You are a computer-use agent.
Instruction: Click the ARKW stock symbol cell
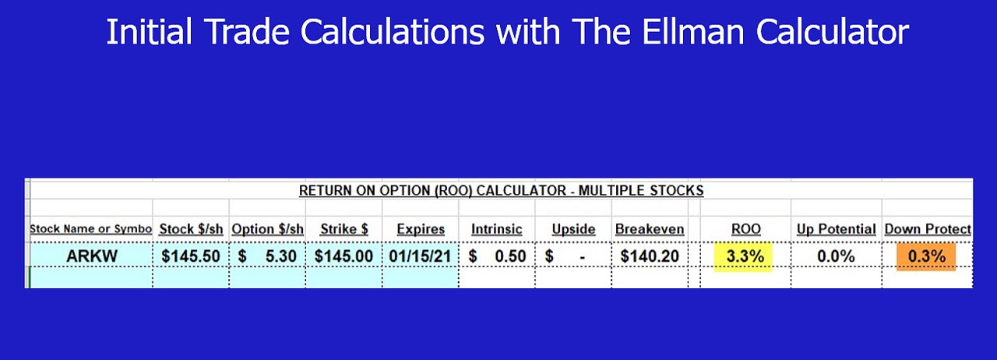92,256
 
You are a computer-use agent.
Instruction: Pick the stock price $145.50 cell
191,256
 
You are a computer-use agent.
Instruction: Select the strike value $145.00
343,256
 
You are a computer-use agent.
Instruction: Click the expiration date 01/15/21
420,256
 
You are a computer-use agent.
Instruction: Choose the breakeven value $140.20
650,256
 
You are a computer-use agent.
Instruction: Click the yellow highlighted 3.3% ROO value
745,256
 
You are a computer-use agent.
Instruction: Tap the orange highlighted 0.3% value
926,256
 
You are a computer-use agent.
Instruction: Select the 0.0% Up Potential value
836,256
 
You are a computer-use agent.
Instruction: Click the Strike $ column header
343,229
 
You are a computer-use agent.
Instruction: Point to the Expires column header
420,229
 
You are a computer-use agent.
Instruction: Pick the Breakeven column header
650,229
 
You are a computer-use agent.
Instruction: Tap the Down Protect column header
927,229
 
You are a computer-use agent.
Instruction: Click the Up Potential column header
836,229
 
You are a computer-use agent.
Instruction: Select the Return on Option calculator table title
501,190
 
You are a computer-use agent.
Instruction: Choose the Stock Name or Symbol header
91,229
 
